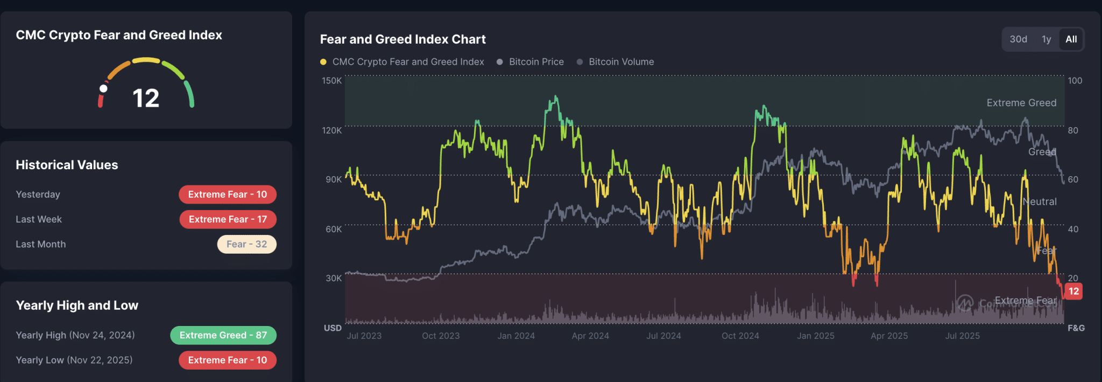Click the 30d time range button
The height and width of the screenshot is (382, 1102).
pos(1018,39)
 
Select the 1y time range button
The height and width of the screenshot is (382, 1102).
pos(1046,39)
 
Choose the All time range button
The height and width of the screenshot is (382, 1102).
pos(1071,39)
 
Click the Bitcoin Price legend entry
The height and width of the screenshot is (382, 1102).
pos(536,62)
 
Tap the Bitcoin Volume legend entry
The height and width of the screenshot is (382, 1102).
pos(621,62)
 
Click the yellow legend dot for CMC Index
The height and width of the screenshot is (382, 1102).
pos(323,62)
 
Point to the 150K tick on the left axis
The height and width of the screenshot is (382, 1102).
pos(331,81)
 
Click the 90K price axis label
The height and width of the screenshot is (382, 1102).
pos(334,179)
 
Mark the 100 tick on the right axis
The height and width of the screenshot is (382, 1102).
pos(1075,81)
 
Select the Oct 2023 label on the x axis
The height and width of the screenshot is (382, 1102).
pos(441,336)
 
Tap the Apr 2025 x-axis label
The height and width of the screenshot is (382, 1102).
pos(889,336)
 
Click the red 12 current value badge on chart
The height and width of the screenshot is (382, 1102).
pos(1073,291)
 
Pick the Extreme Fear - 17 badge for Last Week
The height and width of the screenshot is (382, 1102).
pos(228,219)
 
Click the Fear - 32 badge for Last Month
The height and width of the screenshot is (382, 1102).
pos(246,244)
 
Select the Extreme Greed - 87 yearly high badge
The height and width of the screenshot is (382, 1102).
pos(223,335)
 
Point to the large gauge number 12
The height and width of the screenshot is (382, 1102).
pos(146,99)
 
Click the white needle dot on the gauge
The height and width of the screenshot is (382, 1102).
pos(103,89)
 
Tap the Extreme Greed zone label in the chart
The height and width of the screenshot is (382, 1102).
pos(1021,103)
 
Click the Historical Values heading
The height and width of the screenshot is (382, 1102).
pos(67,165)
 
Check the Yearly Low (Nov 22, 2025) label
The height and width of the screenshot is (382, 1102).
pos(74,360)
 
